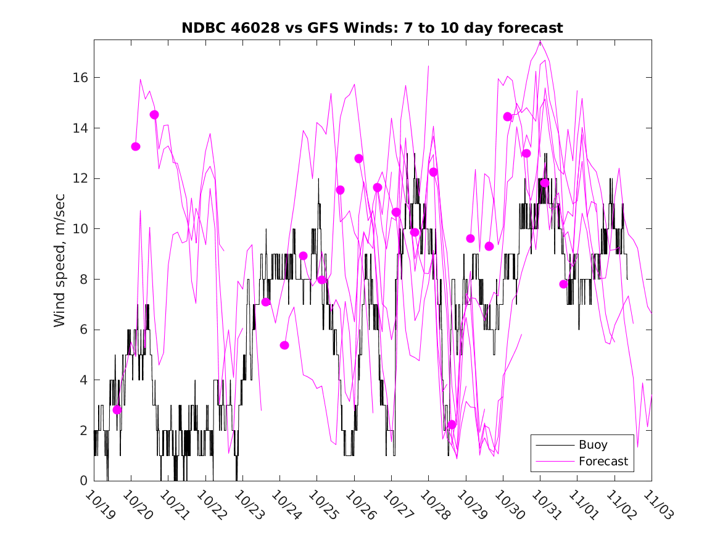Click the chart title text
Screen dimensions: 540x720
372,28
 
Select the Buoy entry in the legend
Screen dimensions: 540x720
592,444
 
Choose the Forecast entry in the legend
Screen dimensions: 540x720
603,461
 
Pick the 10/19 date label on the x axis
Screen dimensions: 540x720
99,505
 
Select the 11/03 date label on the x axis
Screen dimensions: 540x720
656,505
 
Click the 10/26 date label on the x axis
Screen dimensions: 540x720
359,505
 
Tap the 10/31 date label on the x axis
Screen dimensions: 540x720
545,505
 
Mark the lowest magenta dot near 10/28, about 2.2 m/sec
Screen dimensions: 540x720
452,425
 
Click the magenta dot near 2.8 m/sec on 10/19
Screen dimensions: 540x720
117,410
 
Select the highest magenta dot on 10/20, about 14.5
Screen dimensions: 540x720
154,115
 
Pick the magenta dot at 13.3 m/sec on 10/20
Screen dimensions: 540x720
136,146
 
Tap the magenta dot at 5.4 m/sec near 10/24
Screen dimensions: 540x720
284,345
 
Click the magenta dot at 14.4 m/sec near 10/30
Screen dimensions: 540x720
508,117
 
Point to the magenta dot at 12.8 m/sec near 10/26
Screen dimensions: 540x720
359,159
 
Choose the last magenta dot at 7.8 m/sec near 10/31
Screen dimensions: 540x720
563,284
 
